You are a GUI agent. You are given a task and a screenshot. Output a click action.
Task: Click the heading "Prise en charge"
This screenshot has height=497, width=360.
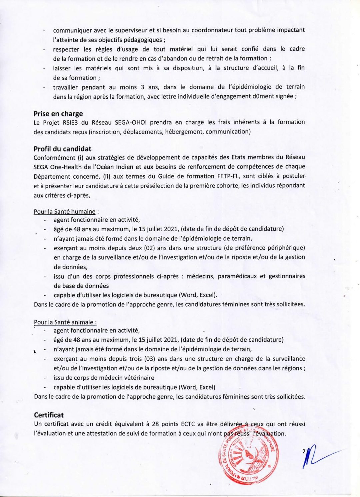pos(58,114)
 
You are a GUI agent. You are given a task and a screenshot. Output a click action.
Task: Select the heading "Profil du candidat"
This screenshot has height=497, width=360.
pos(62,149)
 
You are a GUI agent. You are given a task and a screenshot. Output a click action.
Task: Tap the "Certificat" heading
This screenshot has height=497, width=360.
pos(49,415)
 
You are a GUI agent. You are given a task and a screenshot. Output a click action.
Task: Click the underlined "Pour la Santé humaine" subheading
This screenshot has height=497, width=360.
pos(65,212)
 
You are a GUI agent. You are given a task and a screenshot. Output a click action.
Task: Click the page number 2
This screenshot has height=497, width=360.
pos(304,451)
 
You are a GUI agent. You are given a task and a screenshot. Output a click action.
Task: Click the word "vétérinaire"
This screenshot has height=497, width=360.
pos(138,378)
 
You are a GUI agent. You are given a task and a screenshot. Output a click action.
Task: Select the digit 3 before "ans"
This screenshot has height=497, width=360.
pos(142,87)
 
